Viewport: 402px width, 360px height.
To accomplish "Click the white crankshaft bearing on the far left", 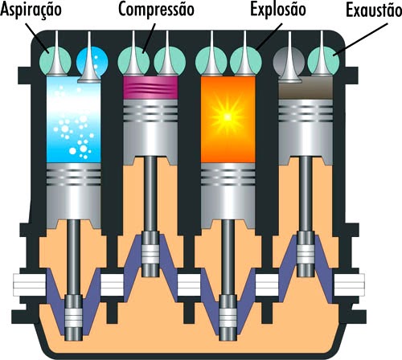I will (23, 283).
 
